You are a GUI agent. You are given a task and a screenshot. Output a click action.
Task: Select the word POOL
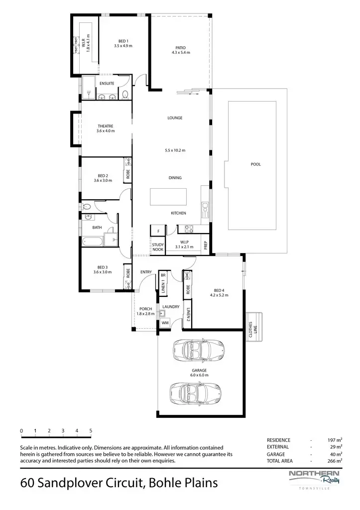256,164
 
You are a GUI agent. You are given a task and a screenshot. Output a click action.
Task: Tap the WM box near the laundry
164,323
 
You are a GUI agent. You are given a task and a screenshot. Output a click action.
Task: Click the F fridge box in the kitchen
158,231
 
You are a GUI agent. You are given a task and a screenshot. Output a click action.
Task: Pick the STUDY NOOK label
158,247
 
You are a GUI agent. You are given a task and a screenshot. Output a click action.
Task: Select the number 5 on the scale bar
91,430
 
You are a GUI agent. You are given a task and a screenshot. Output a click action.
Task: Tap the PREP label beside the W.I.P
205,245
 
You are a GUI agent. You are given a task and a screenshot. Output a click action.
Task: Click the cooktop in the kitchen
189,229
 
